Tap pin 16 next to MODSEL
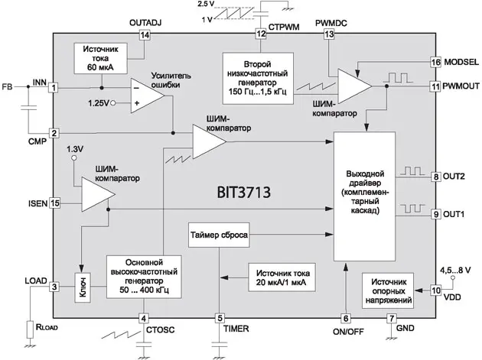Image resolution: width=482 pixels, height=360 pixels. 436,61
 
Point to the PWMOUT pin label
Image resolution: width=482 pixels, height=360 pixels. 461,87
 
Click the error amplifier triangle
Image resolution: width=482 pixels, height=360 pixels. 141,95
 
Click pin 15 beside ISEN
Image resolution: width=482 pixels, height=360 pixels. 54,203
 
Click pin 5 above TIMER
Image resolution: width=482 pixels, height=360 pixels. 220,318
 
